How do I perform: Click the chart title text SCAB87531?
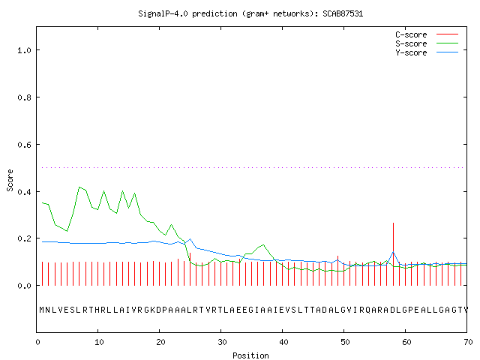[343, 13]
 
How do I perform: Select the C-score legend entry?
[427, 34]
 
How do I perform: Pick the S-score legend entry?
[427, 43]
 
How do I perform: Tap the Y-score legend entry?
[427, 52]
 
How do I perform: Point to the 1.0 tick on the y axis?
[24, 50]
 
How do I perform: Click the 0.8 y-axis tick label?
[24, 97]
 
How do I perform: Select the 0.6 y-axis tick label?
[24, 145]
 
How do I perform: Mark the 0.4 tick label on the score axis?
[24, 192]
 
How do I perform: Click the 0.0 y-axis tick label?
[24, 286]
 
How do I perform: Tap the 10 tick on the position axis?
[98, 342]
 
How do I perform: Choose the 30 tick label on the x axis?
[222, 342]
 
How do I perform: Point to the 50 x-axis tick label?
[345, 342]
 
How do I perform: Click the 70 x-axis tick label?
[468, 342]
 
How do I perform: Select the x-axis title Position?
[250, 355]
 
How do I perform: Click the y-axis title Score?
[10, 180]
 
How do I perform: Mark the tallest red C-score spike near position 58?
[393, 254]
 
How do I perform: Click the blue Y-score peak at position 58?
[393, 252]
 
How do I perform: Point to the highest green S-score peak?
[79, 187]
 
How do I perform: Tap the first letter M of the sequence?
[42, 310]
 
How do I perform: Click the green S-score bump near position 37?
[263, 245]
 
